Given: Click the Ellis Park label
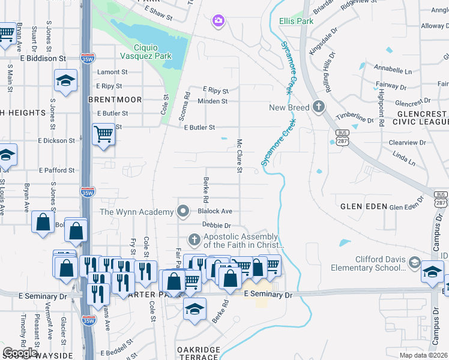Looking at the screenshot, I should [297, 21].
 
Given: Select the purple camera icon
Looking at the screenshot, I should [218, 22].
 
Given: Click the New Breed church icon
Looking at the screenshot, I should [318, 107].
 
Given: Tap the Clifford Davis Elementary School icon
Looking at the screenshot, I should [414, 263].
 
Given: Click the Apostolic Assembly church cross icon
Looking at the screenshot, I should [194, 240].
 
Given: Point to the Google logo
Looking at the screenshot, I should [19, 353].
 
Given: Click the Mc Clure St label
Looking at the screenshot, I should [239, 156].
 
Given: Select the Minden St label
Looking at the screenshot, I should [215, 101].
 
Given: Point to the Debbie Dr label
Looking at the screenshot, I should [216, 225].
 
